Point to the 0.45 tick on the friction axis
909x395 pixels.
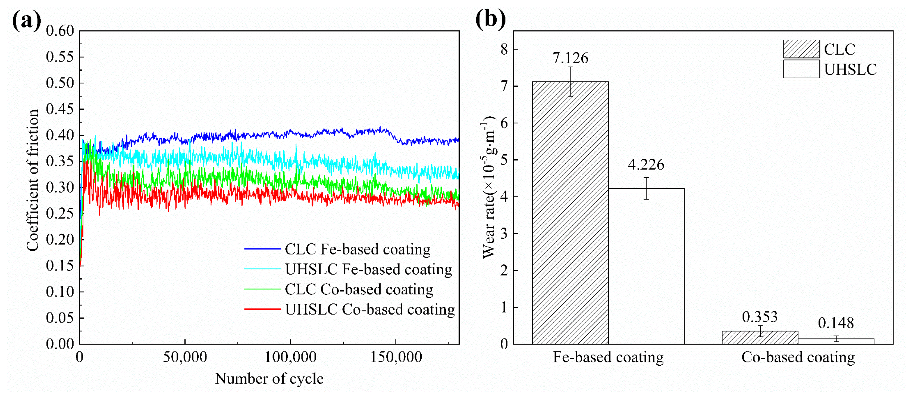point(60,109)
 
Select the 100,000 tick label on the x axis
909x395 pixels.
point(290,357)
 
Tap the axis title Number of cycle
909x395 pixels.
point(269,379)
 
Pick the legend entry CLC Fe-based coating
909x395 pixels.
point(358,249)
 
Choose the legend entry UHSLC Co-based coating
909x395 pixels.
point(370,310)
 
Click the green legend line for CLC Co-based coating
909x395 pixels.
point(262,289)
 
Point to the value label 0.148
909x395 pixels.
point(836,323)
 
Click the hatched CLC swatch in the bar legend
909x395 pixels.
point(801,49)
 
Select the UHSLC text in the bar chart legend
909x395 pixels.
point(850,70)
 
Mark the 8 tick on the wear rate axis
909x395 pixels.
point(504,49)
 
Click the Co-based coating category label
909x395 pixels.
point(798,357)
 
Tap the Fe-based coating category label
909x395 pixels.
point(608,357)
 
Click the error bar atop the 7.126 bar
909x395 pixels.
point(570,81)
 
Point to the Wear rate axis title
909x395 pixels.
point(489,187)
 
